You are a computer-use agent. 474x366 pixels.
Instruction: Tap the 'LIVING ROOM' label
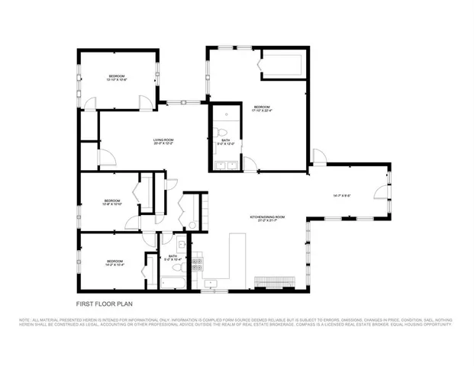pyautogui.click(x=163, y=140)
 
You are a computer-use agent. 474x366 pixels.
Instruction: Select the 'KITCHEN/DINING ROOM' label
pyautogui.click(x=267, y=217)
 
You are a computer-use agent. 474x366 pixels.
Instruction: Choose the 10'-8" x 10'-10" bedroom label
pyautogui.click(x=111, y=203)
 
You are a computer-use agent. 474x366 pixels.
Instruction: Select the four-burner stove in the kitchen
pyautogui.click(x=197, y=265)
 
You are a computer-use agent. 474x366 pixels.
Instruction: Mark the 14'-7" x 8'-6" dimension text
pyautogui.click(x=341, y=196)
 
